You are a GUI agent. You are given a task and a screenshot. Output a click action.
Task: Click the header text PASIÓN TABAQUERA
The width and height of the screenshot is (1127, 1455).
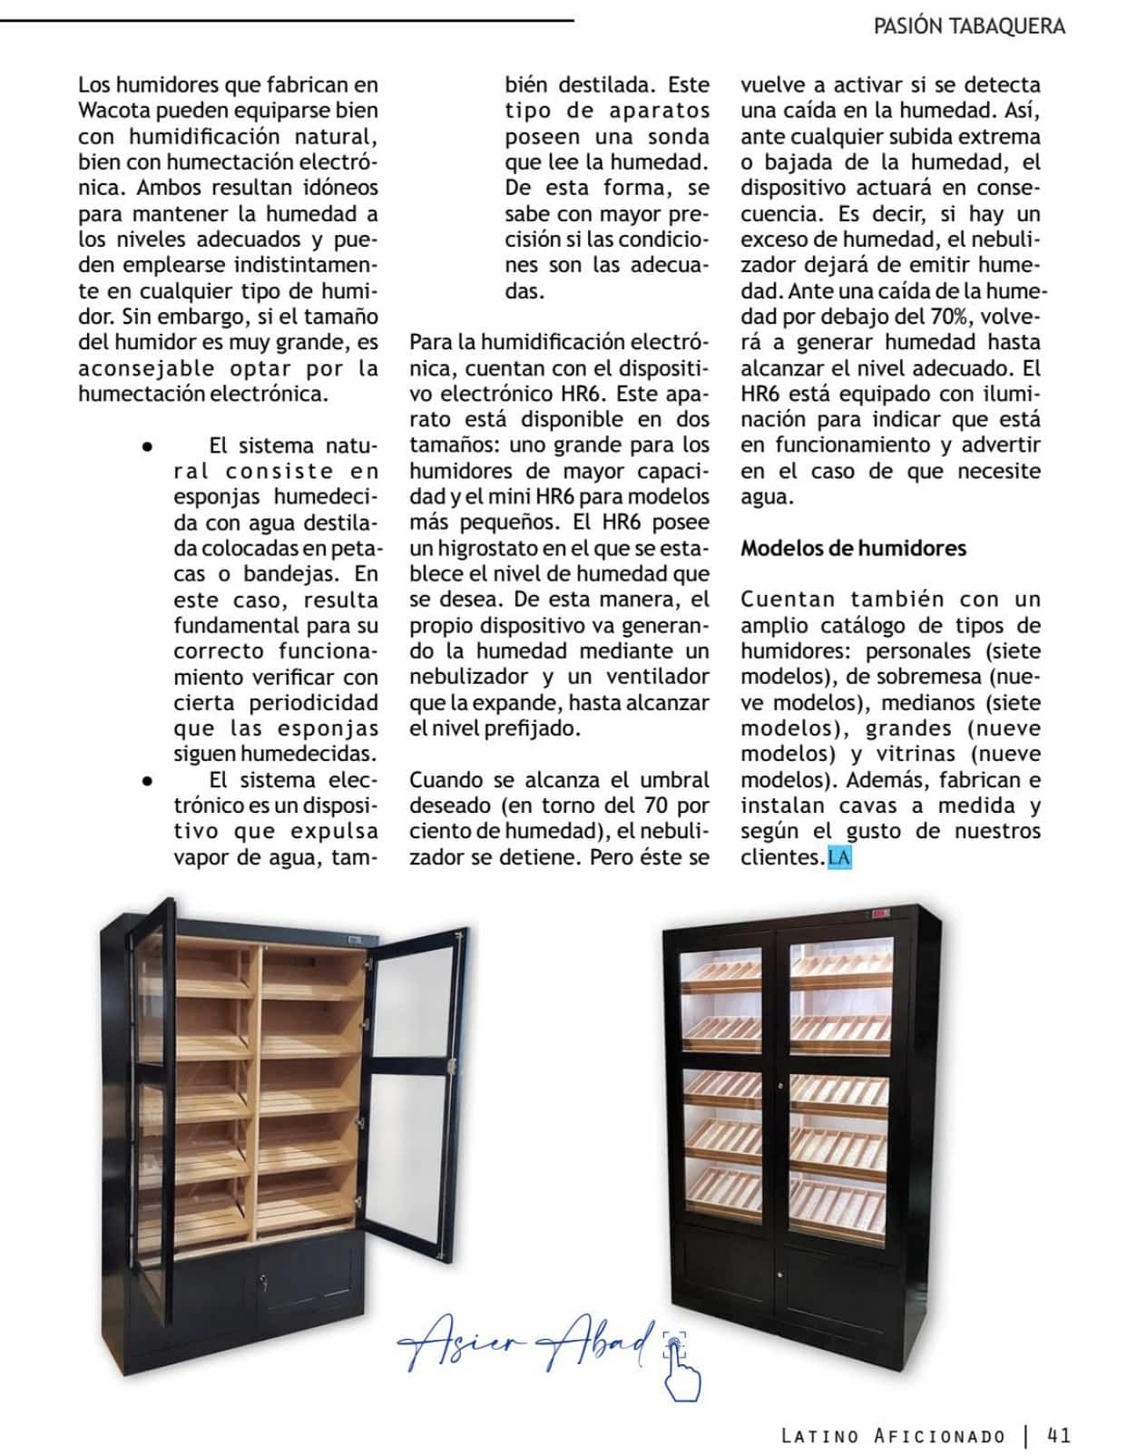(x=968, y=26)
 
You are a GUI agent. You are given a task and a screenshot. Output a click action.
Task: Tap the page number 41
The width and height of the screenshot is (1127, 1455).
(x=1059, y=1435)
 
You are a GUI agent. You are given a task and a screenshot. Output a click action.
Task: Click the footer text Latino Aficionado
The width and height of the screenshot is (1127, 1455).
(x=893, y=1436)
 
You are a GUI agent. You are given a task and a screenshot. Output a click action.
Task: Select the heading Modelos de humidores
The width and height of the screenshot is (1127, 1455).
(x=853, y=548)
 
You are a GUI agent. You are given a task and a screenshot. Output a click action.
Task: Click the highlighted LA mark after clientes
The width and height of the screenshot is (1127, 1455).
(x=839, y=857)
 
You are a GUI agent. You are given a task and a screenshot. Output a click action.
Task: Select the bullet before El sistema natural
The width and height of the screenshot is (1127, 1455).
(x=146, y=446)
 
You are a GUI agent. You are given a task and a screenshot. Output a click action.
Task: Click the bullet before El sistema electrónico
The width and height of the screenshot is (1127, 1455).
(x=146, y=780)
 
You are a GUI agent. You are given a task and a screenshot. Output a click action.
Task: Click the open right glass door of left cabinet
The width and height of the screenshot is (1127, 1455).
(x=417, y=1089)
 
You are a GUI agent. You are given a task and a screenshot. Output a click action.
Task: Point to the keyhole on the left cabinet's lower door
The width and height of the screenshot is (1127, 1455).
(x=263, y=1284)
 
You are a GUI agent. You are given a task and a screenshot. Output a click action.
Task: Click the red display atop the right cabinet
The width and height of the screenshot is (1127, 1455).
(x=879, y=915)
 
